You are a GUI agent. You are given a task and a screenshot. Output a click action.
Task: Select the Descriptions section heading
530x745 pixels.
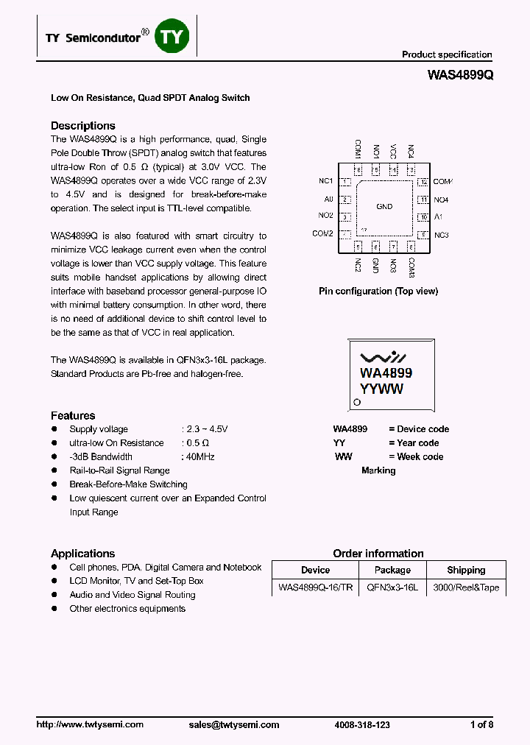click(x=82, y=125)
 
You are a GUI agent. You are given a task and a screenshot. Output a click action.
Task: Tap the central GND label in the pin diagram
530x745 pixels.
click(x=384, y=207)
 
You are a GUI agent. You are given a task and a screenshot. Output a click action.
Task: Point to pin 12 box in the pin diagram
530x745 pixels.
click(x=423, y=182)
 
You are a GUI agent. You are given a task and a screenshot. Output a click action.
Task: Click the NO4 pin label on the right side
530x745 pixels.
click(x=441, y=200)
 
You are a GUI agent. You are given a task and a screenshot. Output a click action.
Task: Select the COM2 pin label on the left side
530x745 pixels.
click(x=322, y=233)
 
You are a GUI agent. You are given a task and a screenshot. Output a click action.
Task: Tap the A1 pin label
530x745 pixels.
click(x=438, y=217)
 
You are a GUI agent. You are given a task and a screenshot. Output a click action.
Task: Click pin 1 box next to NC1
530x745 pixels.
click(x=344, y=182)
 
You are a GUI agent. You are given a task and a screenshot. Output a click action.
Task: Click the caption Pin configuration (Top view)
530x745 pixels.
click(x=378, y=291)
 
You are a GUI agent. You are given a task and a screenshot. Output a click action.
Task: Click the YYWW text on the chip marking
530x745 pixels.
click(x=381, y=389)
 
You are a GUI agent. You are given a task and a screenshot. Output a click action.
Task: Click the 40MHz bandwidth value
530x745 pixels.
click(x=201, y=456)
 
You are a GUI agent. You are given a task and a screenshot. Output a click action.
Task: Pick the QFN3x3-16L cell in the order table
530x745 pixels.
click(x=392, y=587)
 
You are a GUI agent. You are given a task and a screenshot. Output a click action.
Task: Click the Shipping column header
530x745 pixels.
click(x=466, y=570)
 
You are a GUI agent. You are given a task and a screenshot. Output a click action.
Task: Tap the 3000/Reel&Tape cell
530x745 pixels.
click(x=466, y=587)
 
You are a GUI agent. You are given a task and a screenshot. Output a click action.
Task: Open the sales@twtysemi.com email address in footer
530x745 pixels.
click(x=234, y=724)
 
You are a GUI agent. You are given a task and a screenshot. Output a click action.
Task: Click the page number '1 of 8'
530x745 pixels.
click(x=481, y=724)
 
